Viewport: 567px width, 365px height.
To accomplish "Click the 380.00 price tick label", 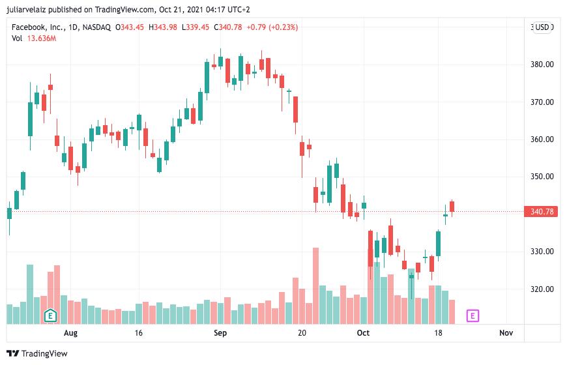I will (x=542, y=65).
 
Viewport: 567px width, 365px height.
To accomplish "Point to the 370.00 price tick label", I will (x=542, y=102).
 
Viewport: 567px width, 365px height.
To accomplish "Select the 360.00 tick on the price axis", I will (x=542, y=139).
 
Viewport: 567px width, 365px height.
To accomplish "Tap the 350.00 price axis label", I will (x=542, y=177).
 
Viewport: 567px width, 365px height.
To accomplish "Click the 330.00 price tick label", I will (x=542, y=252).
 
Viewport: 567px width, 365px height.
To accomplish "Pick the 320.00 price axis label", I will (x=542, y=289).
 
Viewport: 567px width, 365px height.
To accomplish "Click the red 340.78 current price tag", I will (x=542, y=211).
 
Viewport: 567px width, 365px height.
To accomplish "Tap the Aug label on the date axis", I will (x=70, y=333).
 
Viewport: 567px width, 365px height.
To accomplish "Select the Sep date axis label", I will (x=220, y=333).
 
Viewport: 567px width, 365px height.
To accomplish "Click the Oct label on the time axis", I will (x=363, y=333).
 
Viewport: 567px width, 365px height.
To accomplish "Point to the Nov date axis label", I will (x=506, y=333).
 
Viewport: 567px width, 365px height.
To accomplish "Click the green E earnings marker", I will (x=50, y=316).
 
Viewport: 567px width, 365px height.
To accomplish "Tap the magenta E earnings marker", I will (x=473, y=316).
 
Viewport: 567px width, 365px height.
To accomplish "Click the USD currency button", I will (x=542, y=27).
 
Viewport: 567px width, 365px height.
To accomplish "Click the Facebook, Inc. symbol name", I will (x=38, y=27).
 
